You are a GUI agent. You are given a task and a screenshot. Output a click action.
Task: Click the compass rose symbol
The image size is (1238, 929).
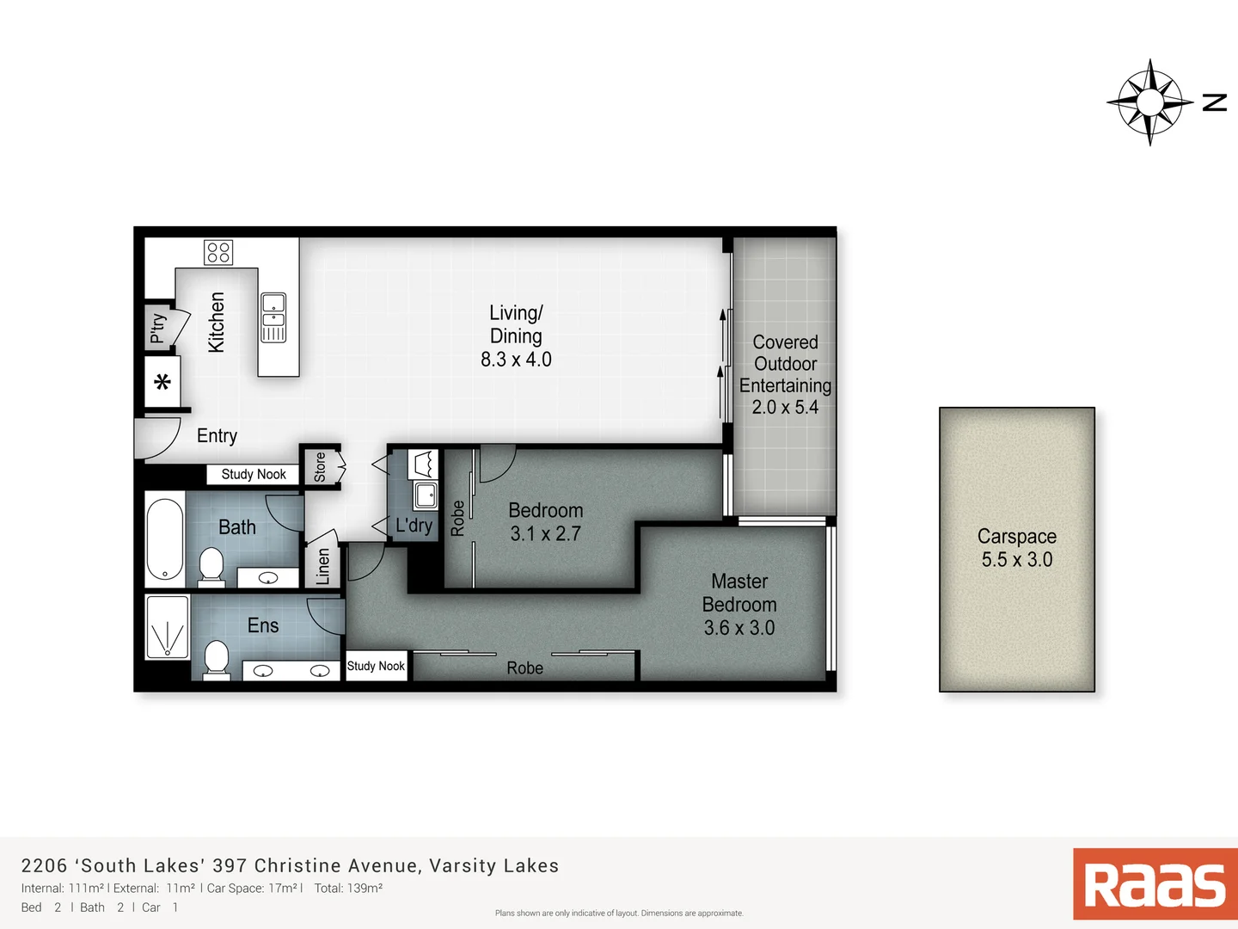click(1149, 102)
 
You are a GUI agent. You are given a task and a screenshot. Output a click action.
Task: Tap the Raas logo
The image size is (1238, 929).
click(1155, 884)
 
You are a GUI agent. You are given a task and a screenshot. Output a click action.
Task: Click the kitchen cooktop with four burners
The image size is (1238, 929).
click(218, 252)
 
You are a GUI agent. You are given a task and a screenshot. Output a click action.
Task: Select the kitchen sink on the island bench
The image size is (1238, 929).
click(273, 317)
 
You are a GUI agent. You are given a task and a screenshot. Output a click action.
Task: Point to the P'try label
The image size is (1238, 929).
click(158, 328)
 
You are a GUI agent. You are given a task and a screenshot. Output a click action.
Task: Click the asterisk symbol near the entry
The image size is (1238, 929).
click(162, 383)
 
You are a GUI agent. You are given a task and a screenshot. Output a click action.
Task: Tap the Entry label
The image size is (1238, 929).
click(217, 436)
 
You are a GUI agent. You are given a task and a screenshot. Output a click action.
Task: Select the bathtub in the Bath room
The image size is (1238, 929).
click(165, 539)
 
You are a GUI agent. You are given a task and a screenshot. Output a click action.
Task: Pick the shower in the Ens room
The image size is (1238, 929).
click(168, 627)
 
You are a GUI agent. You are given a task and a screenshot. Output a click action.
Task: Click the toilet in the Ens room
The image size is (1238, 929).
click(217, 660)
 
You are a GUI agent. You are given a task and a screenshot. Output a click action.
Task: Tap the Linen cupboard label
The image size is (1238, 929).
click(323, 567)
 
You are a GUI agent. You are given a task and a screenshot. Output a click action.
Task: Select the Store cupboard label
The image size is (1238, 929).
click(320, 467)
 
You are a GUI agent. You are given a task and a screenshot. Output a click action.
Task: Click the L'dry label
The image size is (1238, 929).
click(414, 526)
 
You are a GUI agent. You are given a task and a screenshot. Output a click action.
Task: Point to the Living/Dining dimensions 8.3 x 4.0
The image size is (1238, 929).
click(516, 360)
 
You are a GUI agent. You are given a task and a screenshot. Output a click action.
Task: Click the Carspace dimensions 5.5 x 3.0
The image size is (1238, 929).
click(1016, 560)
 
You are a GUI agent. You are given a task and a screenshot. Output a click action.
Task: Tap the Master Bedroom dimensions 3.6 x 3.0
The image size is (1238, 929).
click(739, 629)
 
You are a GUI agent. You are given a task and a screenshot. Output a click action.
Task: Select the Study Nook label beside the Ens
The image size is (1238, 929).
click(376, 666)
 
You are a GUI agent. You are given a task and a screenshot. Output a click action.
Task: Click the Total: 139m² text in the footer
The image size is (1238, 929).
click(348, 889)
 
